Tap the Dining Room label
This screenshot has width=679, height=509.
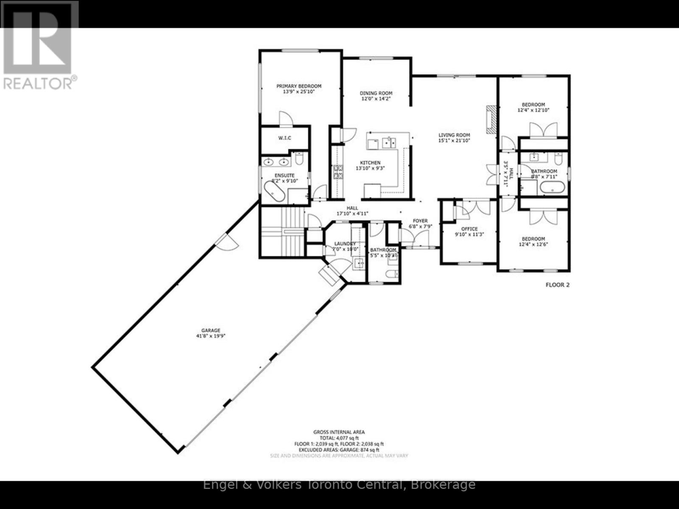click(x=376, y=93)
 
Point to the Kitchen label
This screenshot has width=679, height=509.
click(x=370, y=163)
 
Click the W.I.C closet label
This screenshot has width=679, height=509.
click(x=284, y=138)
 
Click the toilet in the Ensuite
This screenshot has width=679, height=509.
click(x=299, y=159)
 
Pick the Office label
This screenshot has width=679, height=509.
click(x=469, y=229)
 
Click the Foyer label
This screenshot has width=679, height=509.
click(x=418, y=221)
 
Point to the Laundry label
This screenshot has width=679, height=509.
click(x=345, y=244)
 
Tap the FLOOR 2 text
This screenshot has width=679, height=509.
click(x=557, y=285)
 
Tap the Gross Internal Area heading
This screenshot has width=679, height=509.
click(x=339, y=432)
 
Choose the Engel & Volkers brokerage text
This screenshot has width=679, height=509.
click(x=339, y=484)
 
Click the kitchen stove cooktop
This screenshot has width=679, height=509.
click(x=338, y=172)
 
